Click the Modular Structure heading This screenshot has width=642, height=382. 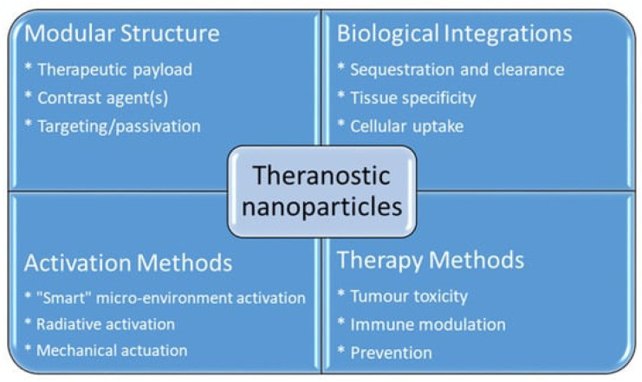point(122,33)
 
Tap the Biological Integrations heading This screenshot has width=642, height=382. point(455,34)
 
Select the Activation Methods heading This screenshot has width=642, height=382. point(128,262)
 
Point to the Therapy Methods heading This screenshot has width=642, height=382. point(431,261)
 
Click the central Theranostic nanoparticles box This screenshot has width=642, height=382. point(322,191)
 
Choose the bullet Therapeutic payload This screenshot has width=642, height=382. point(108,70)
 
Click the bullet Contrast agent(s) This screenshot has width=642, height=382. point(96,98)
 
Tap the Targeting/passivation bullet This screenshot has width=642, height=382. point(113,126)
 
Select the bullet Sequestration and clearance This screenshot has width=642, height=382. point(451,70)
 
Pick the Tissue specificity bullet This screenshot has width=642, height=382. point(406,98)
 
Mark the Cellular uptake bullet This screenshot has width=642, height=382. point(400,126)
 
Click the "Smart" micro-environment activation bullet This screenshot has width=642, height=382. point(165,298)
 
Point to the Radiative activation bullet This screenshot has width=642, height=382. point(100,324)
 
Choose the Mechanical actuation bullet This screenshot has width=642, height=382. point(106,351)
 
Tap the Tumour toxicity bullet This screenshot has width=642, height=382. point(403,296)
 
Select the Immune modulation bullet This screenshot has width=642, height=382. point(422,325)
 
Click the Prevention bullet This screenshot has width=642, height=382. point(385,353)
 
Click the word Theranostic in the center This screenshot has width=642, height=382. point(321,176)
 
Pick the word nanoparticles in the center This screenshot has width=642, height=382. point(321,207)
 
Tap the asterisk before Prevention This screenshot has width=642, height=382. point(341,350)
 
